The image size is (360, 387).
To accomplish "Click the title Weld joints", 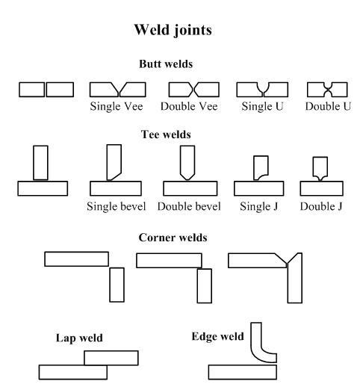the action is click(x=173, y=30).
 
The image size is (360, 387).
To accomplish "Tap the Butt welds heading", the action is click(x=166, y=64).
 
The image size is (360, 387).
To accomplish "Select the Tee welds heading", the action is click(x=166, y=134).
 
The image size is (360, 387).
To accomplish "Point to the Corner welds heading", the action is click(x=173, y=238).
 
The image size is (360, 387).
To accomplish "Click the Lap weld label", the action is click(x=79, y=338).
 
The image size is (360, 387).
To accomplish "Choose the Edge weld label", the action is click(x=217, y=336).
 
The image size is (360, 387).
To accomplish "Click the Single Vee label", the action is click(x=117, y=106).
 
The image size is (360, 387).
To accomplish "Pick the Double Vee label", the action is click(x=189, y=106).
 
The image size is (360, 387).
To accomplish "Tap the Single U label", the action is click(x=262, y=106).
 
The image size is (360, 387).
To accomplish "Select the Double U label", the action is click(x=328, y=106).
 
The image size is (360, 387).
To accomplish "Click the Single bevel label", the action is click(x=117, y=206).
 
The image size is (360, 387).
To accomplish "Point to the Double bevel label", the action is click(x=189, y=206).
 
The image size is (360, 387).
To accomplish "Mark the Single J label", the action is click(x=259, y=206).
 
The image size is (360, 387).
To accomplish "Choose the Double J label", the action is click(x=321, y=206).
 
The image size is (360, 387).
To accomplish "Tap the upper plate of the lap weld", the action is click(x=111, y=358).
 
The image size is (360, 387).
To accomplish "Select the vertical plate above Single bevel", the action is click(x=114, y=162).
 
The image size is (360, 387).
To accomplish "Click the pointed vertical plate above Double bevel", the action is click(x=187, y=162).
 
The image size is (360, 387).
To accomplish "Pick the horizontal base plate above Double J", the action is click(x=322, y=188).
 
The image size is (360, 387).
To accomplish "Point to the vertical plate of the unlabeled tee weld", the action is click(x=40, y=163).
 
